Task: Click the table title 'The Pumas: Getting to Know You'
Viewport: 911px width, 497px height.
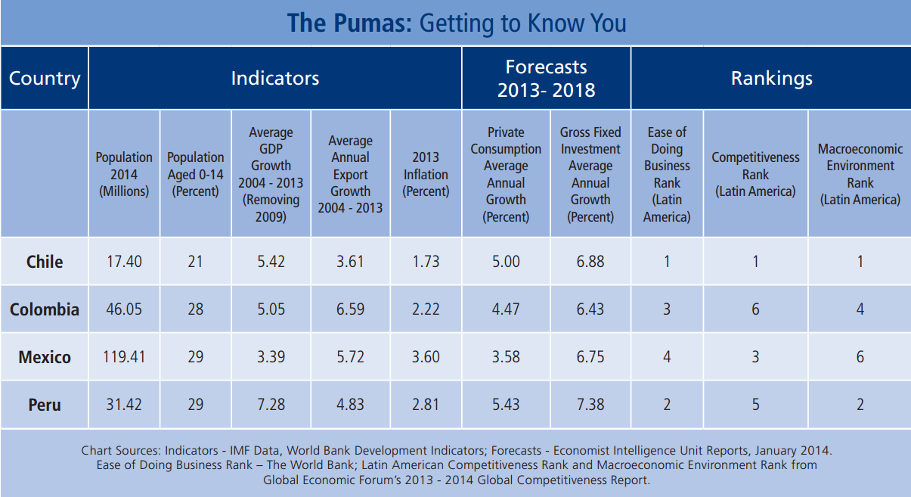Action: [456, 23]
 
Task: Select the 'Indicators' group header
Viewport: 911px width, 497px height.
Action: [274, 78]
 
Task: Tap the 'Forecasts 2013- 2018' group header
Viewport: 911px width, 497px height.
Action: [546, 79]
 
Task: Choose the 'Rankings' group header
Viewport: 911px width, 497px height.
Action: [771, 78]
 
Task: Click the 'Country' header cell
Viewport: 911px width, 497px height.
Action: [45, 79]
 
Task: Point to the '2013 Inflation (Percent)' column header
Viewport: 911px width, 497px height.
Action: [426, 174]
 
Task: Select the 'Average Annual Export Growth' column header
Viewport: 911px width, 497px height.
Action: [350, 174]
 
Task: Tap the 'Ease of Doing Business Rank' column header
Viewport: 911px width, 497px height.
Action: [667, 174]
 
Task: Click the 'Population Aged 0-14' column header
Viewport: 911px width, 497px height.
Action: [195, 174]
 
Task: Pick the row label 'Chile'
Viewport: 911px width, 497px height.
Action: [45, 262]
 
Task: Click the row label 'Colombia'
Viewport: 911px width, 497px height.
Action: [45, 309]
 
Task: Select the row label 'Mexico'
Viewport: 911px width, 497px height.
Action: [45, 357]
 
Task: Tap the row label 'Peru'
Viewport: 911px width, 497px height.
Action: [45, 405]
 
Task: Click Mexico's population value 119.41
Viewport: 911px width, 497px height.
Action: [124, 357]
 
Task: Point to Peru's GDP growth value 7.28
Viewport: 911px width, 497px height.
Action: [271, 405]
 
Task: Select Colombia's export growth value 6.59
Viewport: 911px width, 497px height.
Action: [350, 309]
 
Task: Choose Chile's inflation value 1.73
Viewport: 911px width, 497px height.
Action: [426, 262]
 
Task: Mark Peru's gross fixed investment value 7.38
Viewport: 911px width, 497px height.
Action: [590, 405]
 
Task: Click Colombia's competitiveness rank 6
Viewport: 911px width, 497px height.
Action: [755, 309]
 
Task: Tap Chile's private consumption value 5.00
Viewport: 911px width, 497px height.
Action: [506, 262]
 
